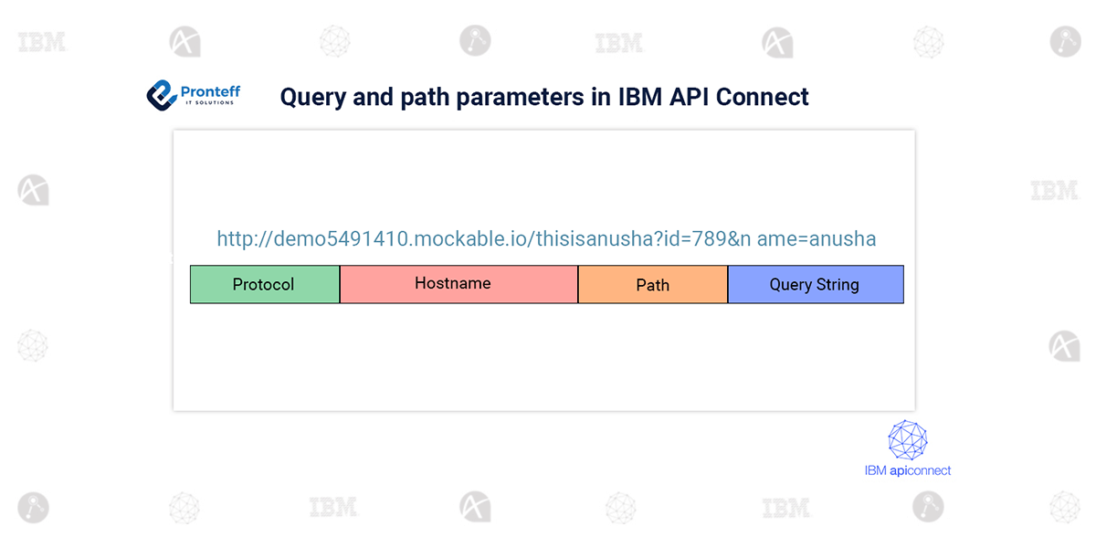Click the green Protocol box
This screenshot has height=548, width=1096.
[x=264, y=284]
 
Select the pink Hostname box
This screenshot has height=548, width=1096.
[x=458, y=284]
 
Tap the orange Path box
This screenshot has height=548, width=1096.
[x=652, y=285]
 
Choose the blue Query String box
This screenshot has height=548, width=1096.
[x=815, y=284]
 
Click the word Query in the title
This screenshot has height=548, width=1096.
[x=311, y=97]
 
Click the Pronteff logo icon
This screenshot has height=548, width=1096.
[x=162, y=93]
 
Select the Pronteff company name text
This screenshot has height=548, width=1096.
[x=210, y=90]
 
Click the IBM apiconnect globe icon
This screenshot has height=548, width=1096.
[x=908, y=440]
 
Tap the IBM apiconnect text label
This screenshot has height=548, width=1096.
[x=907, y=470]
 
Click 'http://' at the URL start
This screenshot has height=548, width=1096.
[x=239, y=239]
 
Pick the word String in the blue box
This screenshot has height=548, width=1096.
[x=838, y=284]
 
